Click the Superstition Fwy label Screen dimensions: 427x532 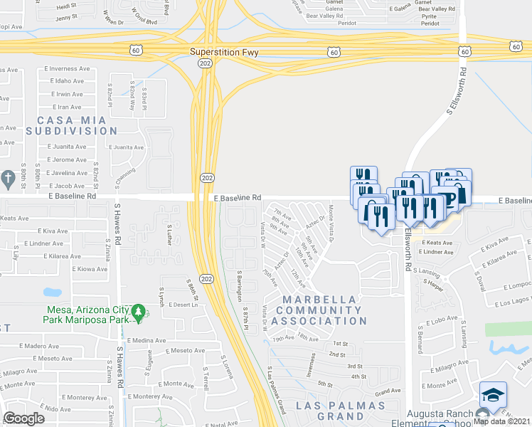224,52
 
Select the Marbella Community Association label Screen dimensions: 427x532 321,310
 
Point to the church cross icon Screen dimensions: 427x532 8,178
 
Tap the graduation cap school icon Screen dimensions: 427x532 493,394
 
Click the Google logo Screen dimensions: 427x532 23,418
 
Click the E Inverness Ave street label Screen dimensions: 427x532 69,70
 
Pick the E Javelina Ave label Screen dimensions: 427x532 68,172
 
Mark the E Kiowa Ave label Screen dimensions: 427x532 90,269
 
